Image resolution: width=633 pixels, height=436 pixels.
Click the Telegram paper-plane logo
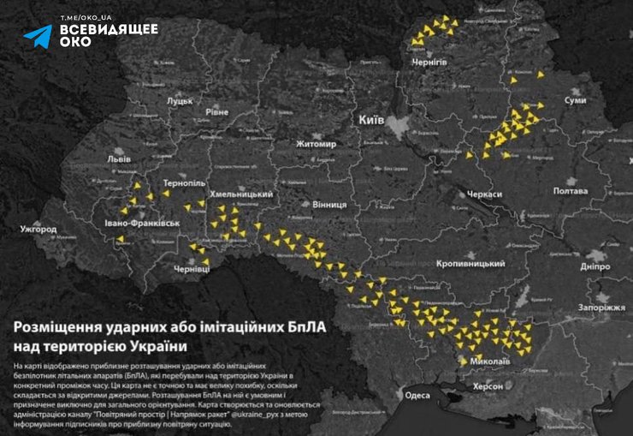pyautogui.click(x=38, y=35)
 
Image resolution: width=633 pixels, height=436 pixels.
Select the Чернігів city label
pyautogui.click(x=429, y=63)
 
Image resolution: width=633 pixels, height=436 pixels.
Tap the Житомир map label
pyautogui.click(x=316, y=144)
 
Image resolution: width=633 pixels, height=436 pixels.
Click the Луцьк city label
pyautogui.click(x=179, y=101)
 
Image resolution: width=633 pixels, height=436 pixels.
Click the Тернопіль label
pyautogui.click(x=184, y=184)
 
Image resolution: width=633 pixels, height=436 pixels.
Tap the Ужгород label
pyautogui.click(x=39, y=230)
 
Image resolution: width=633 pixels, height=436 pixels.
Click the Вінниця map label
pyautogui.click(x=329, y=206)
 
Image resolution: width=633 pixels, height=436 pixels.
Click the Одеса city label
pyautogui.click(x=417, y=395)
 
